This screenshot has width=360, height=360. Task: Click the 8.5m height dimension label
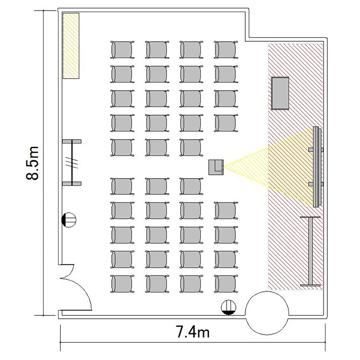coord(32,163)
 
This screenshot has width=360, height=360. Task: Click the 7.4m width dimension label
coord(193,332)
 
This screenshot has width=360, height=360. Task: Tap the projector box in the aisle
coord(216,168)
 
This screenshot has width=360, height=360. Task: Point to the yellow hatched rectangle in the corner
coord(71,46)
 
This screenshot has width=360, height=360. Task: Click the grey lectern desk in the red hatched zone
coord(280,93)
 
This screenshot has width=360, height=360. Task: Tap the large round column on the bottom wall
coord(267,313)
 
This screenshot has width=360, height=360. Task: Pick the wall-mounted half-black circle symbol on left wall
coord(69,220)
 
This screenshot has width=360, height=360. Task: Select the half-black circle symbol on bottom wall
coord(228,307)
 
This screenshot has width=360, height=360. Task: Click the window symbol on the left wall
coord(72,162)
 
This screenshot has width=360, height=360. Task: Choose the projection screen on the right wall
coord(317,167)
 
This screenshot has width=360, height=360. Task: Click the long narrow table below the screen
coord(311,251)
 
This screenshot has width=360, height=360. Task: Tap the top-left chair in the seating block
coord(122,50)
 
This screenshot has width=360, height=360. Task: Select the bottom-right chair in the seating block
coord(226,284)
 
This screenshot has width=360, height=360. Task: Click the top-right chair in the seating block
coord(226,50)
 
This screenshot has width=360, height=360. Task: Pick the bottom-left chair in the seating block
coord(122,284)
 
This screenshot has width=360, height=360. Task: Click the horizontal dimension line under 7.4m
coord(193,342)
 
